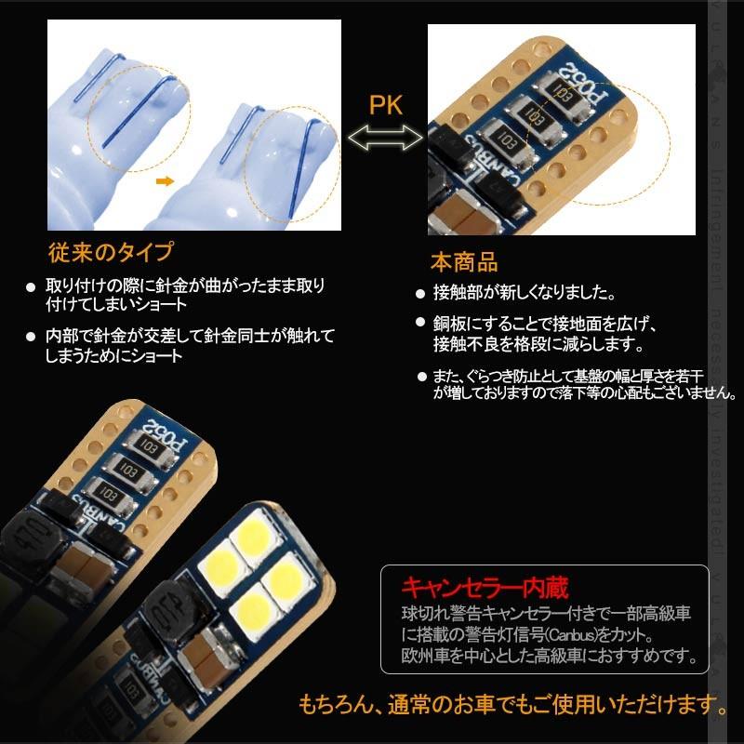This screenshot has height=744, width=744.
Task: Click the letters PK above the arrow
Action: tap(385, 104)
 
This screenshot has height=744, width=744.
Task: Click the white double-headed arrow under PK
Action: tap(385, 139)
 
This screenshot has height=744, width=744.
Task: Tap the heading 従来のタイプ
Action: tap(110, 253)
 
